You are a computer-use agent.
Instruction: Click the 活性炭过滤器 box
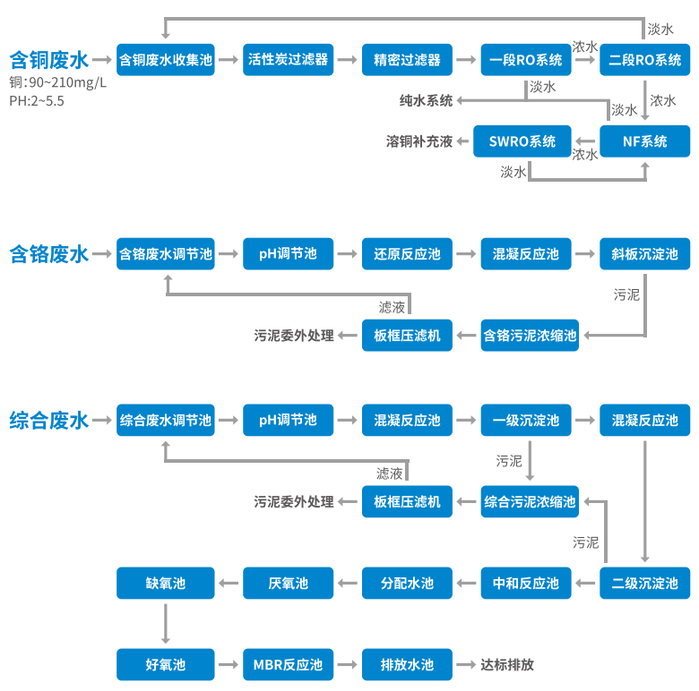[288, 60]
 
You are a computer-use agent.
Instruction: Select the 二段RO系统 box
[644, 60]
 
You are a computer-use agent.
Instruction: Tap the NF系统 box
[644, 141]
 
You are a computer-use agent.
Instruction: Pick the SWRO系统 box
[522, 141]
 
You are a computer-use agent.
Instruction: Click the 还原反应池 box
[407, 254]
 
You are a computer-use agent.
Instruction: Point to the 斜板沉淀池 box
[644, 254]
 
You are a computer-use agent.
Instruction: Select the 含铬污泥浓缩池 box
[530, 336]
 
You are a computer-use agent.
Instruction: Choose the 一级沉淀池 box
[525, 420]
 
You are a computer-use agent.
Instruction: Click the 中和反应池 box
[525, 584]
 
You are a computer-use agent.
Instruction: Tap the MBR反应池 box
[288, 665]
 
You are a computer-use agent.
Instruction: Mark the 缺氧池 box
[165, 584]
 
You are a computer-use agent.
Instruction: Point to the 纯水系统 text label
[426, 100]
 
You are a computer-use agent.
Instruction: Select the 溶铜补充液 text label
[419, 141]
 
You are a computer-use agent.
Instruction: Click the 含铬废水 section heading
[49, 254]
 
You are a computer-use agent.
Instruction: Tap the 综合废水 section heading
[49, 420]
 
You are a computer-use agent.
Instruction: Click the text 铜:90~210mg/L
[58, 82]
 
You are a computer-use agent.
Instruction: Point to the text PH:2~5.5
[37, 101]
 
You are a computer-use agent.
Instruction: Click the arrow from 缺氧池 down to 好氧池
[165, 624]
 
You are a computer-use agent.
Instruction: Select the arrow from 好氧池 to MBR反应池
[229, 665]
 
